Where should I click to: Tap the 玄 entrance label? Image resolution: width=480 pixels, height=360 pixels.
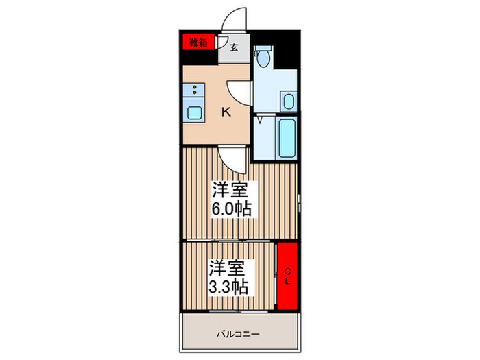pyautogui.click(x=235, y=47)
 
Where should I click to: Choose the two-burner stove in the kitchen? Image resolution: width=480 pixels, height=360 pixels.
pyautogui.click(x=195, y=90)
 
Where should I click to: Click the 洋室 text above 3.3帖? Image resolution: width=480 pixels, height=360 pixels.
pyautogui.click(x=225, y=267)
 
